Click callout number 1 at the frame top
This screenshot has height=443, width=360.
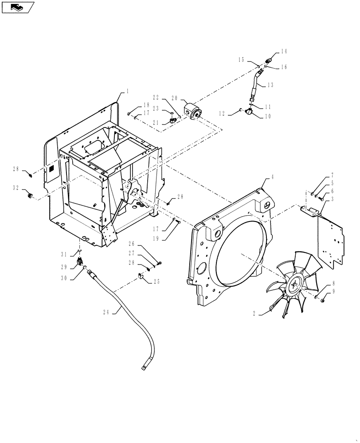click(x=127, y=91)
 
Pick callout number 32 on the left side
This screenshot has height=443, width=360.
click(x=16, y=188)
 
